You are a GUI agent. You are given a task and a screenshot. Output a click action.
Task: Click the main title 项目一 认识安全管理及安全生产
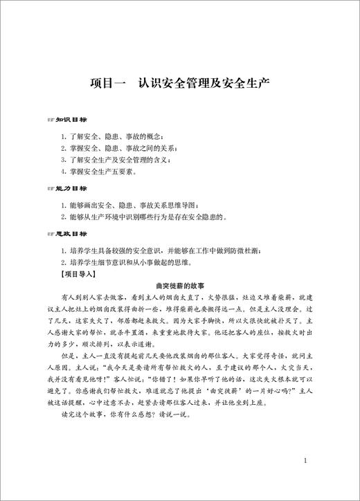point(179,84)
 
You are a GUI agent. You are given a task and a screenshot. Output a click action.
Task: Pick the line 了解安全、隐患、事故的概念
point(114,136)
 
